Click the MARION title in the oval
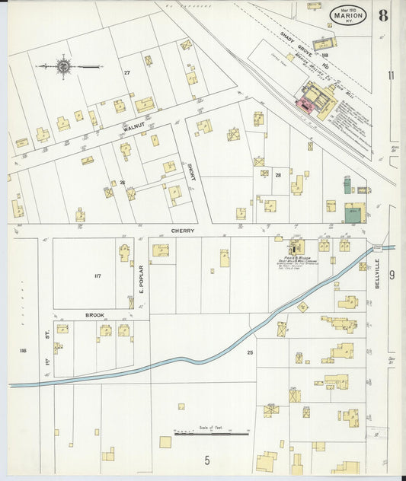[348, 14]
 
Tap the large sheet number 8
[382, 14]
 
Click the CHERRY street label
[182, 230]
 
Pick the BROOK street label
[94, 314]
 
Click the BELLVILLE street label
[376, 272]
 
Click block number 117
[97, 276]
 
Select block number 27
[127, 72]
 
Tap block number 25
[249, 352]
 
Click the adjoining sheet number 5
[206, 460]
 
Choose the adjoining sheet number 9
[392, 275]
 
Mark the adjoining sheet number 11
[391, 75]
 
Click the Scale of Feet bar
[211, 434]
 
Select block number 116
[22, 350]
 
